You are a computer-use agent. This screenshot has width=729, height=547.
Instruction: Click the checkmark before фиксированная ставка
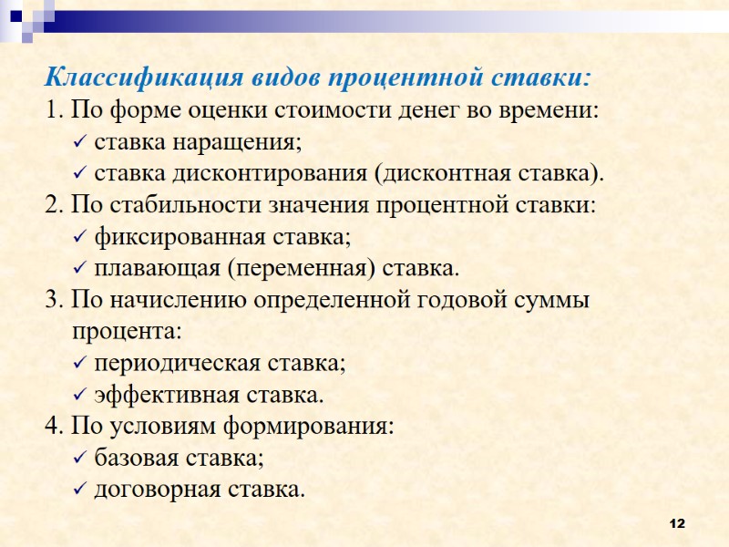(x=78, y=238)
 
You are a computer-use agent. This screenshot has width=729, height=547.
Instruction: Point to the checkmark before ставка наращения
(x=78, y=143)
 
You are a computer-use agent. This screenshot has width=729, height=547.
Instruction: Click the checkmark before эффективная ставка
(x=78, y=397)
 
